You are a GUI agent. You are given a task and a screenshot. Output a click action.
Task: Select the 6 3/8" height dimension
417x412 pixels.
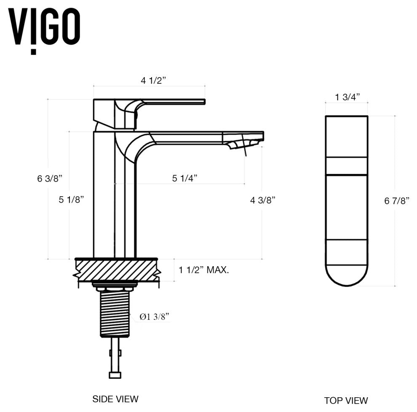(x=50, y=178)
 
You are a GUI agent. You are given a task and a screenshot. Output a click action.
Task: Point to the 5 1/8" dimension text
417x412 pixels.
(x=71, y=200)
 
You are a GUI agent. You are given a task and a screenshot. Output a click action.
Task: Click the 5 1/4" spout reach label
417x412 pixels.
(x=184, y=178)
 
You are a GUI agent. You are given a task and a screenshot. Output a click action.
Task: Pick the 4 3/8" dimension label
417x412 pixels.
(x=263, y=200)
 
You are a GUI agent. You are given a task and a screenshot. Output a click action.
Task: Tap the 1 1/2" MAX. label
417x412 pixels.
(x=204, y=270)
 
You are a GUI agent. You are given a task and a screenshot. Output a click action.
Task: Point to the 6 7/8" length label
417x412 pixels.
(x=397, y=201)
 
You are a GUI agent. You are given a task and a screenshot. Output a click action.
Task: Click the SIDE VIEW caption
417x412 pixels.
(x=115, y=399)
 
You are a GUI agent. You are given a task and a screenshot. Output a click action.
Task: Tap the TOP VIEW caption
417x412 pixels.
(x=346, y=400)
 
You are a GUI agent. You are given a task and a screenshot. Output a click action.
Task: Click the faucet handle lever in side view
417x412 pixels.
(x=173, y=102)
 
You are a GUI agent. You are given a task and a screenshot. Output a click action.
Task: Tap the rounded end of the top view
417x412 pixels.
(x=346, y=276)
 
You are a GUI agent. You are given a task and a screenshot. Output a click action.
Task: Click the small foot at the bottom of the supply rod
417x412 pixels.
(x=115, y=375)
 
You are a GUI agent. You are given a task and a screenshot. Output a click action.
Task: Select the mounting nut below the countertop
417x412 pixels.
(x=115, y=287)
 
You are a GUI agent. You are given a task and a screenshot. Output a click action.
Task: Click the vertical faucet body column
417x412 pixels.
(x=104, y=194)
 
